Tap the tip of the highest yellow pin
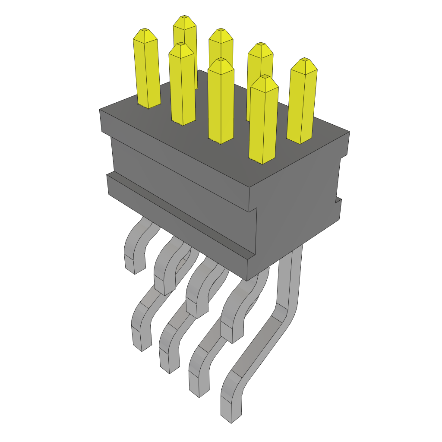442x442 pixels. click(x=184, y=17)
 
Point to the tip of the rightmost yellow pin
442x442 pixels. click(x=305, y=60)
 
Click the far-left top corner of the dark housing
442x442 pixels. click(x=100, y=110)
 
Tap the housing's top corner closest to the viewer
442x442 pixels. click(x=250, y=187)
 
